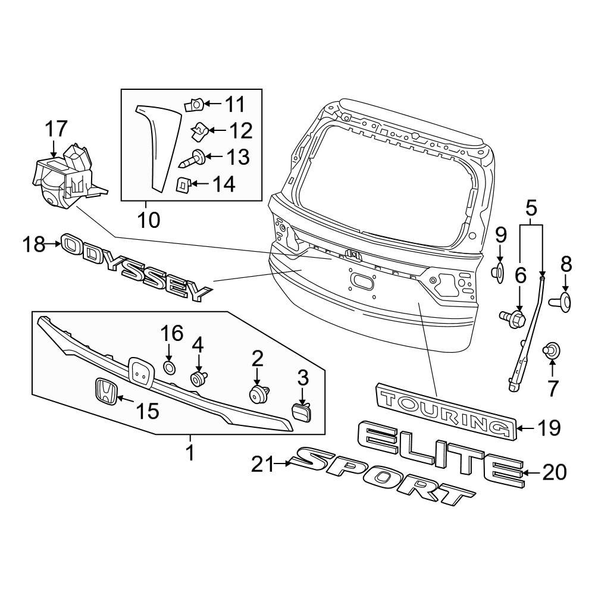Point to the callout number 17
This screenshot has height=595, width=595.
[x=57, y=129]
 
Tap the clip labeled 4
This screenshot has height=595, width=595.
[x=198, y=378]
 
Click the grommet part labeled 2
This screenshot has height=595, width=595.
[x=258, y=394]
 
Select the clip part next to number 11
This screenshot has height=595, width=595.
[x=195, y=105]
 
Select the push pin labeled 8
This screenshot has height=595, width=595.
[x=563, y=301]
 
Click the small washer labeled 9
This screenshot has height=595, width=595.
[x=499, y=273]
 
